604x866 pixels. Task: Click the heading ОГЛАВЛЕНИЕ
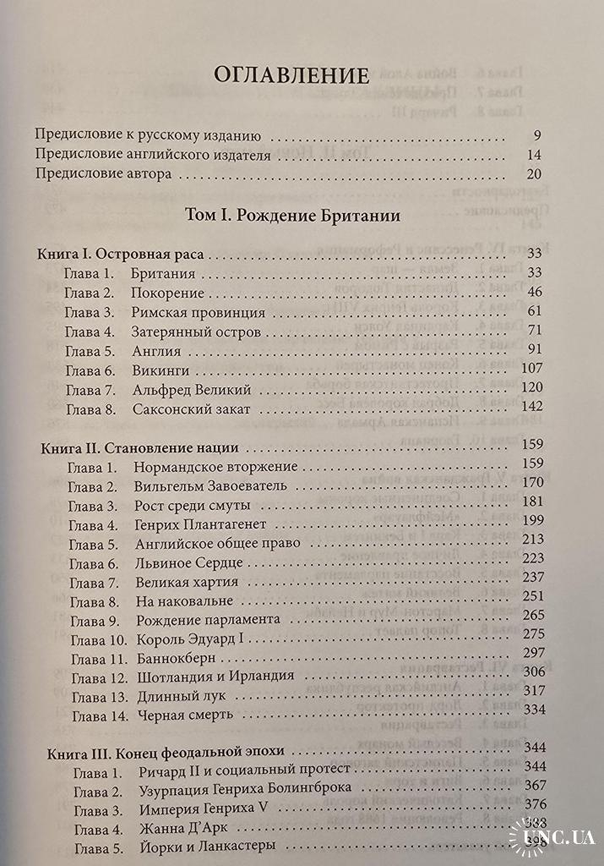(291, 74)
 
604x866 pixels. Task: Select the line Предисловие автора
(105, 174)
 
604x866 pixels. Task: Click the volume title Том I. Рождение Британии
(291, 216)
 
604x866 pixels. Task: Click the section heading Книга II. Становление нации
(139, 447)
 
